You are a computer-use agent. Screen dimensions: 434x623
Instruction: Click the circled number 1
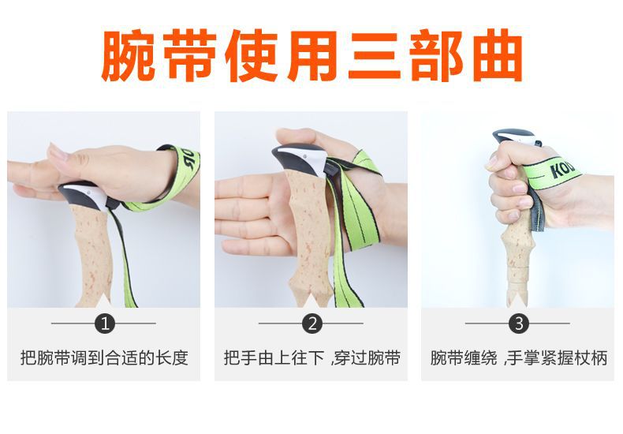(103, 323)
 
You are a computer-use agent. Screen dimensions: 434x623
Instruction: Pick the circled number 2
(311, 323)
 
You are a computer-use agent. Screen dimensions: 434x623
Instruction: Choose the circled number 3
(518, 323)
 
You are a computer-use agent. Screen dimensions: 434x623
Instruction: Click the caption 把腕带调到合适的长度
(103, 357)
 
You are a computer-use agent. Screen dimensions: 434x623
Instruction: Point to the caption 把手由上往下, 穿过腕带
(311, 357)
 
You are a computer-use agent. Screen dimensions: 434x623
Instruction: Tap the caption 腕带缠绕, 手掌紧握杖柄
(518, 357)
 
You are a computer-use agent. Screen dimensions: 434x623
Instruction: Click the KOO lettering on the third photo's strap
(562, 170)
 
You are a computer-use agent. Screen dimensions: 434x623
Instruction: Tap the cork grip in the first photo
(93, 253)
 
